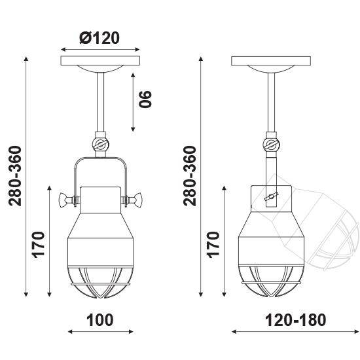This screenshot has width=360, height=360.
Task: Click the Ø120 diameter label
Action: [x=99, y=38]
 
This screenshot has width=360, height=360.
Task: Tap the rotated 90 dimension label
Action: [x=145, y=99]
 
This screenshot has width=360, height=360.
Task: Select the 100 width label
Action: [x=100, y=320]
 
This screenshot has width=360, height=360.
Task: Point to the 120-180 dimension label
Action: [x=295, y=320]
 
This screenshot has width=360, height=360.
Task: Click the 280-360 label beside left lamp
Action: [x=15, y=176]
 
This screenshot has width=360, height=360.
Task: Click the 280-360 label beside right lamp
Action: [x=190, y=176]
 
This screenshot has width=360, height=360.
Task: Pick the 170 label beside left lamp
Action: [x=38, y=245]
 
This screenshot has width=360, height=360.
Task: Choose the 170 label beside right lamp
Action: [x=213, y=245]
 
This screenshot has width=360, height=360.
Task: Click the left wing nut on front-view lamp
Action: [x=65, y=200]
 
